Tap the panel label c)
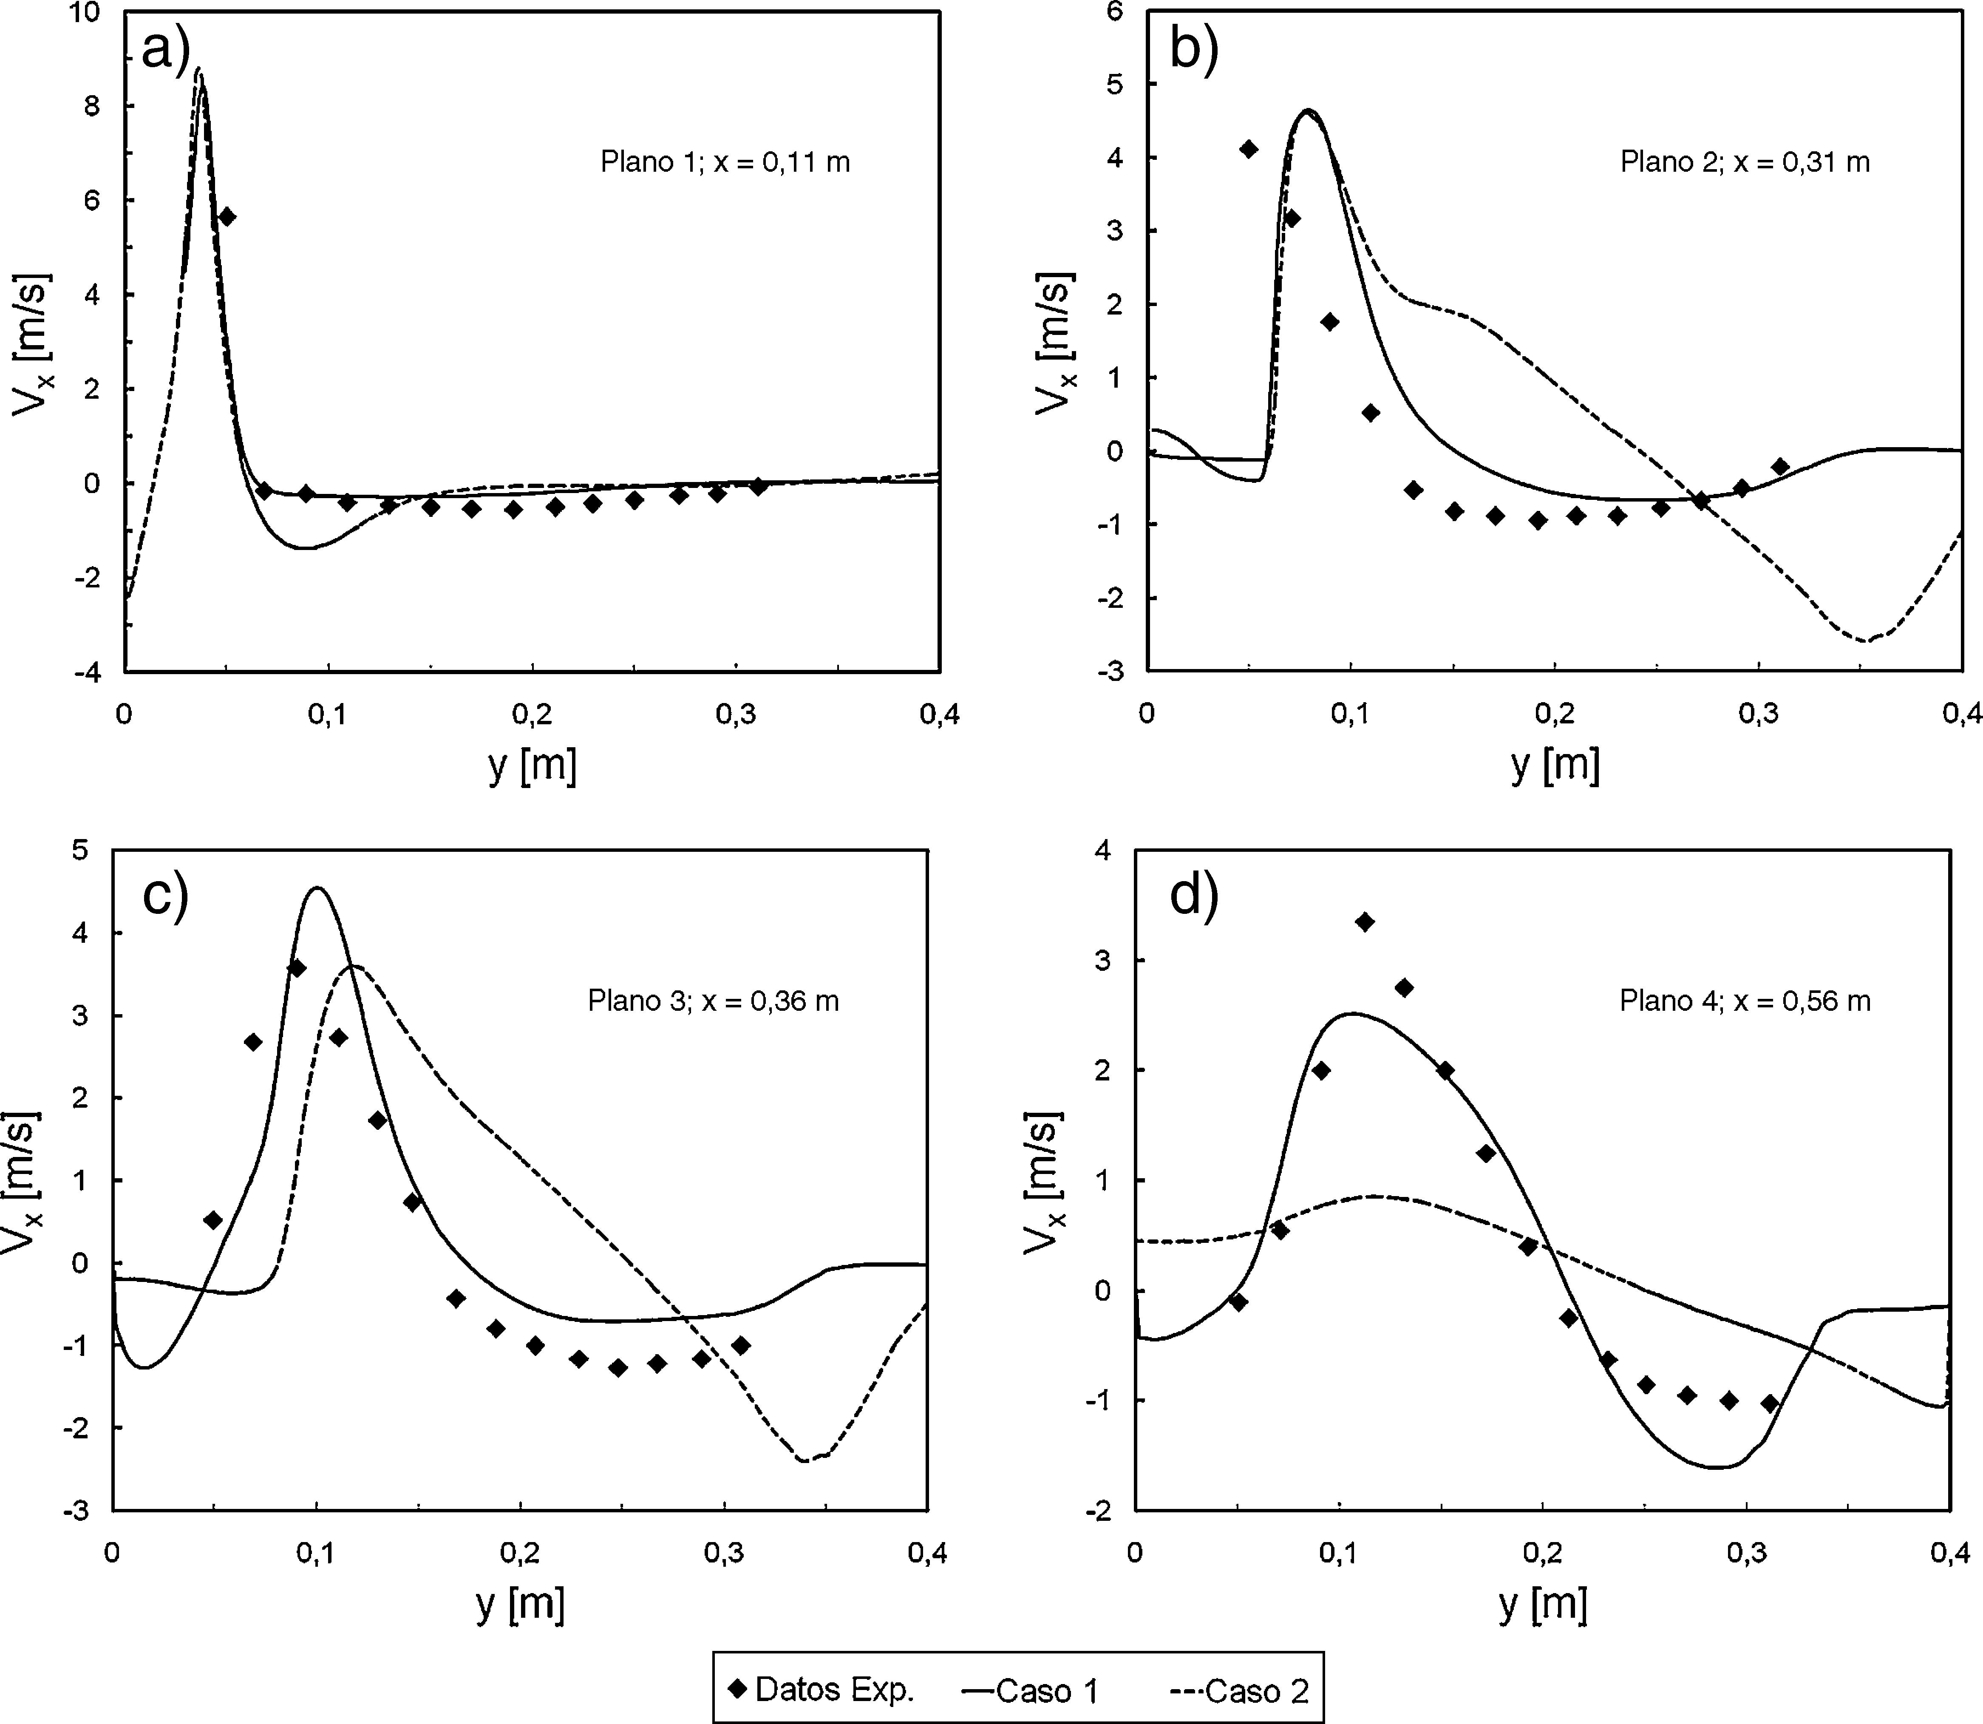165,895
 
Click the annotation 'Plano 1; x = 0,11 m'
725,162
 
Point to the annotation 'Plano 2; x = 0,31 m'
1745,162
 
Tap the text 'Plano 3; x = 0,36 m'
713,1001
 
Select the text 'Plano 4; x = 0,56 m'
1745,1001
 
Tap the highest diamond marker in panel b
1248,148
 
